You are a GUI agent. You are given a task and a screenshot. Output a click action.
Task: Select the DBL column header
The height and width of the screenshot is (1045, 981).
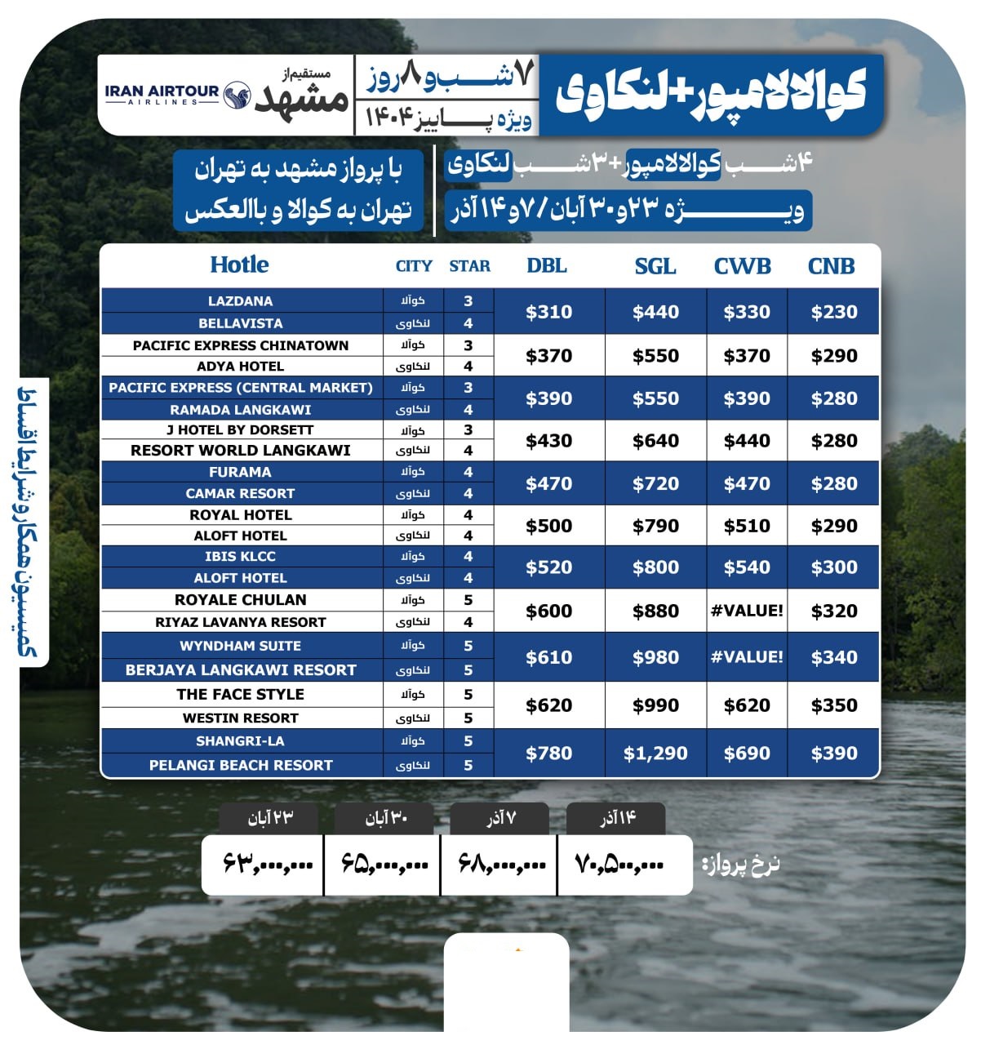coord(546,266)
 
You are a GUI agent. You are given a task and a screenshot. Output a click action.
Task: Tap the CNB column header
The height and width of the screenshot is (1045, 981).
coord(831,266)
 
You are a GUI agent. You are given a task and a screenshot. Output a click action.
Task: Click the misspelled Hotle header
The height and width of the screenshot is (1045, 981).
coord(239,265)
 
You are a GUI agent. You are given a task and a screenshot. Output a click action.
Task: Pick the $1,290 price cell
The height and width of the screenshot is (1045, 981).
coord(655,754)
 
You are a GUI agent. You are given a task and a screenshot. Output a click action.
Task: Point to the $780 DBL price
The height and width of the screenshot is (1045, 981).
coord(548,754)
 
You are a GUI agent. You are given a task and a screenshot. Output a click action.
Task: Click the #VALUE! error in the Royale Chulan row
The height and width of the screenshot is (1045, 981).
coord(747,611)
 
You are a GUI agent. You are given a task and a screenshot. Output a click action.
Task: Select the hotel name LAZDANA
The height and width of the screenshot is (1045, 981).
coord(240,301)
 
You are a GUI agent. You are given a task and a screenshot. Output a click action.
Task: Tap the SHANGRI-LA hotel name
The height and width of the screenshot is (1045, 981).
coord(240,741)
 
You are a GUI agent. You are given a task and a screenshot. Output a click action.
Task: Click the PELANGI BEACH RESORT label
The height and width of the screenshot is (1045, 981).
coord(241,766)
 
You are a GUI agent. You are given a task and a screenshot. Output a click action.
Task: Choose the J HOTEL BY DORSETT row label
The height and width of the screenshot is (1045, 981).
coord(240,429)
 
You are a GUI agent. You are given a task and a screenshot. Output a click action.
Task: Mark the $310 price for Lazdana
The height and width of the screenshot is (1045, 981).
coord(548,312)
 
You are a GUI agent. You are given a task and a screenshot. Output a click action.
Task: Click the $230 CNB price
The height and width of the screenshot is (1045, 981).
coord(834,312)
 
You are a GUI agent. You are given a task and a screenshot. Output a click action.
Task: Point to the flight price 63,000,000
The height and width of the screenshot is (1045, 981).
coord(268,863)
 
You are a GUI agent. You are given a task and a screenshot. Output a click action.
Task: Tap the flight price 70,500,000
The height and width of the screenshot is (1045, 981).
coord(620,863)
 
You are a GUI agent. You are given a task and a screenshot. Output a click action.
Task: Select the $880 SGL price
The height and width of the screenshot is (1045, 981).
coord(655,611)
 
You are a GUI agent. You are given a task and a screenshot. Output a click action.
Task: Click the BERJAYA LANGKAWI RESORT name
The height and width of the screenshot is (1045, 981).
coord(241,670)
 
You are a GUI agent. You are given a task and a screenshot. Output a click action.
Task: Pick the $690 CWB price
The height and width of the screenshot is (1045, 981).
coord(747,754)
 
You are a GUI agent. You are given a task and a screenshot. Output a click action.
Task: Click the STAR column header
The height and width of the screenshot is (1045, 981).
coord(469,266)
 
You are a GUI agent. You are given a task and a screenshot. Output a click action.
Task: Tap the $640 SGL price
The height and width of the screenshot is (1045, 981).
coord(655,441)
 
